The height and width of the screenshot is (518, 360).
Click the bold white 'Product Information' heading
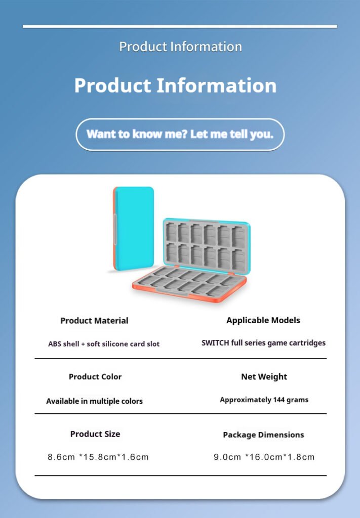tap(175, 85)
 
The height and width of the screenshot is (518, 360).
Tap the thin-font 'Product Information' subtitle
tap(180, 47)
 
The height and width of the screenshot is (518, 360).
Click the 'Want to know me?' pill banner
tap(180, 135)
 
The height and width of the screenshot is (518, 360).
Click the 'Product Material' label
tap(94, 321)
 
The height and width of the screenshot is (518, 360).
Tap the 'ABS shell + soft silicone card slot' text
tap(104, 344)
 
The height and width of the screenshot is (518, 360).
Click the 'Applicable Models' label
tap(263, 320)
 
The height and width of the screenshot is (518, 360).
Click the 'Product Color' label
tap(95, 376)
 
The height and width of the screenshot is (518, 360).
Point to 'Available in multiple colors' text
tap(95, 401)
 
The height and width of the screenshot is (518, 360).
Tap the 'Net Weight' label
tap(264, 377)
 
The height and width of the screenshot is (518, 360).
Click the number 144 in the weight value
tap(279, 400)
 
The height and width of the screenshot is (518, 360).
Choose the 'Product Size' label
tap(95, 434)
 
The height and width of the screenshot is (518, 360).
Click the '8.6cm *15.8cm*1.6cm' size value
tap(98, 457)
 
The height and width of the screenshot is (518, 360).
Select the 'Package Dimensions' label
tap(263, 435)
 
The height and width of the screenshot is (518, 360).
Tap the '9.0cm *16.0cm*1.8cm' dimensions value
tap(264, 457)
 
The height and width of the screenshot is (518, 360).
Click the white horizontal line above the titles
tap(180, 26)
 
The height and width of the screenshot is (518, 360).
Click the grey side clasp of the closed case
tap(115, 229)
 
